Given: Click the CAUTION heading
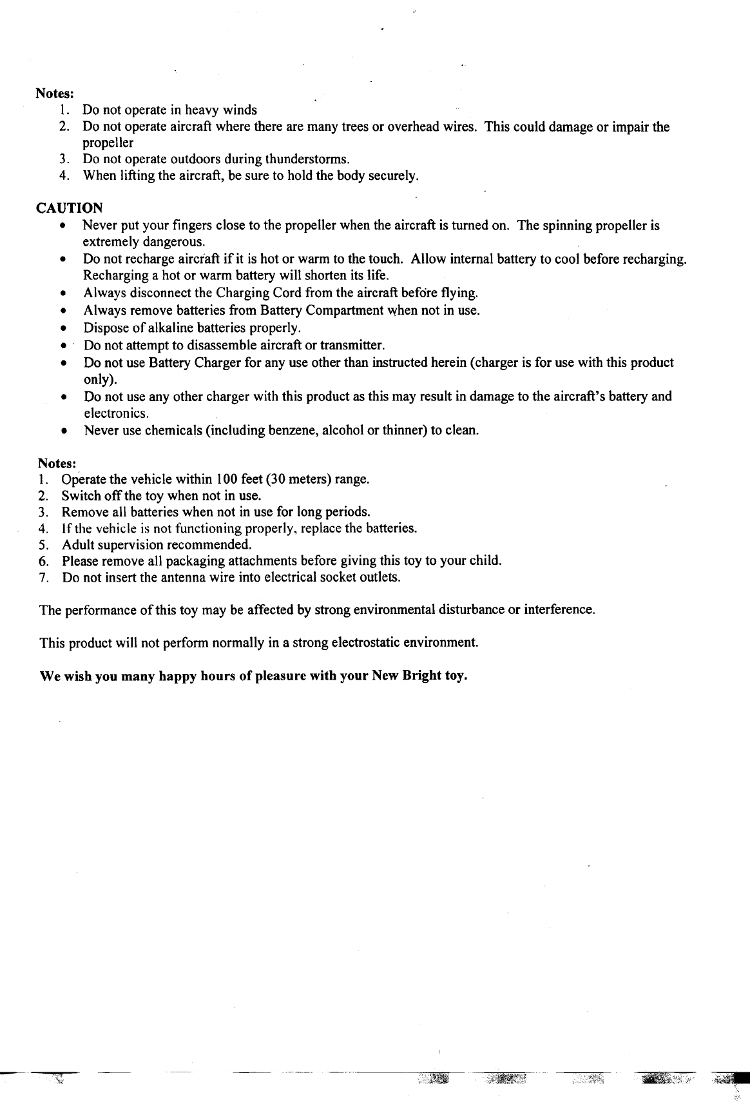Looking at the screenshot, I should tap(69, 208).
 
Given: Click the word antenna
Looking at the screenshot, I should tap(180, 577).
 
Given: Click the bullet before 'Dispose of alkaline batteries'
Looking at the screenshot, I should tap(63, 328).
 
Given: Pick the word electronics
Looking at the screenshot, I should tap(116, 413).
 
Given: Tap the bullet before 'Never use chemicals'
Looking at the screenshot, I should tap(63, 430).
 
